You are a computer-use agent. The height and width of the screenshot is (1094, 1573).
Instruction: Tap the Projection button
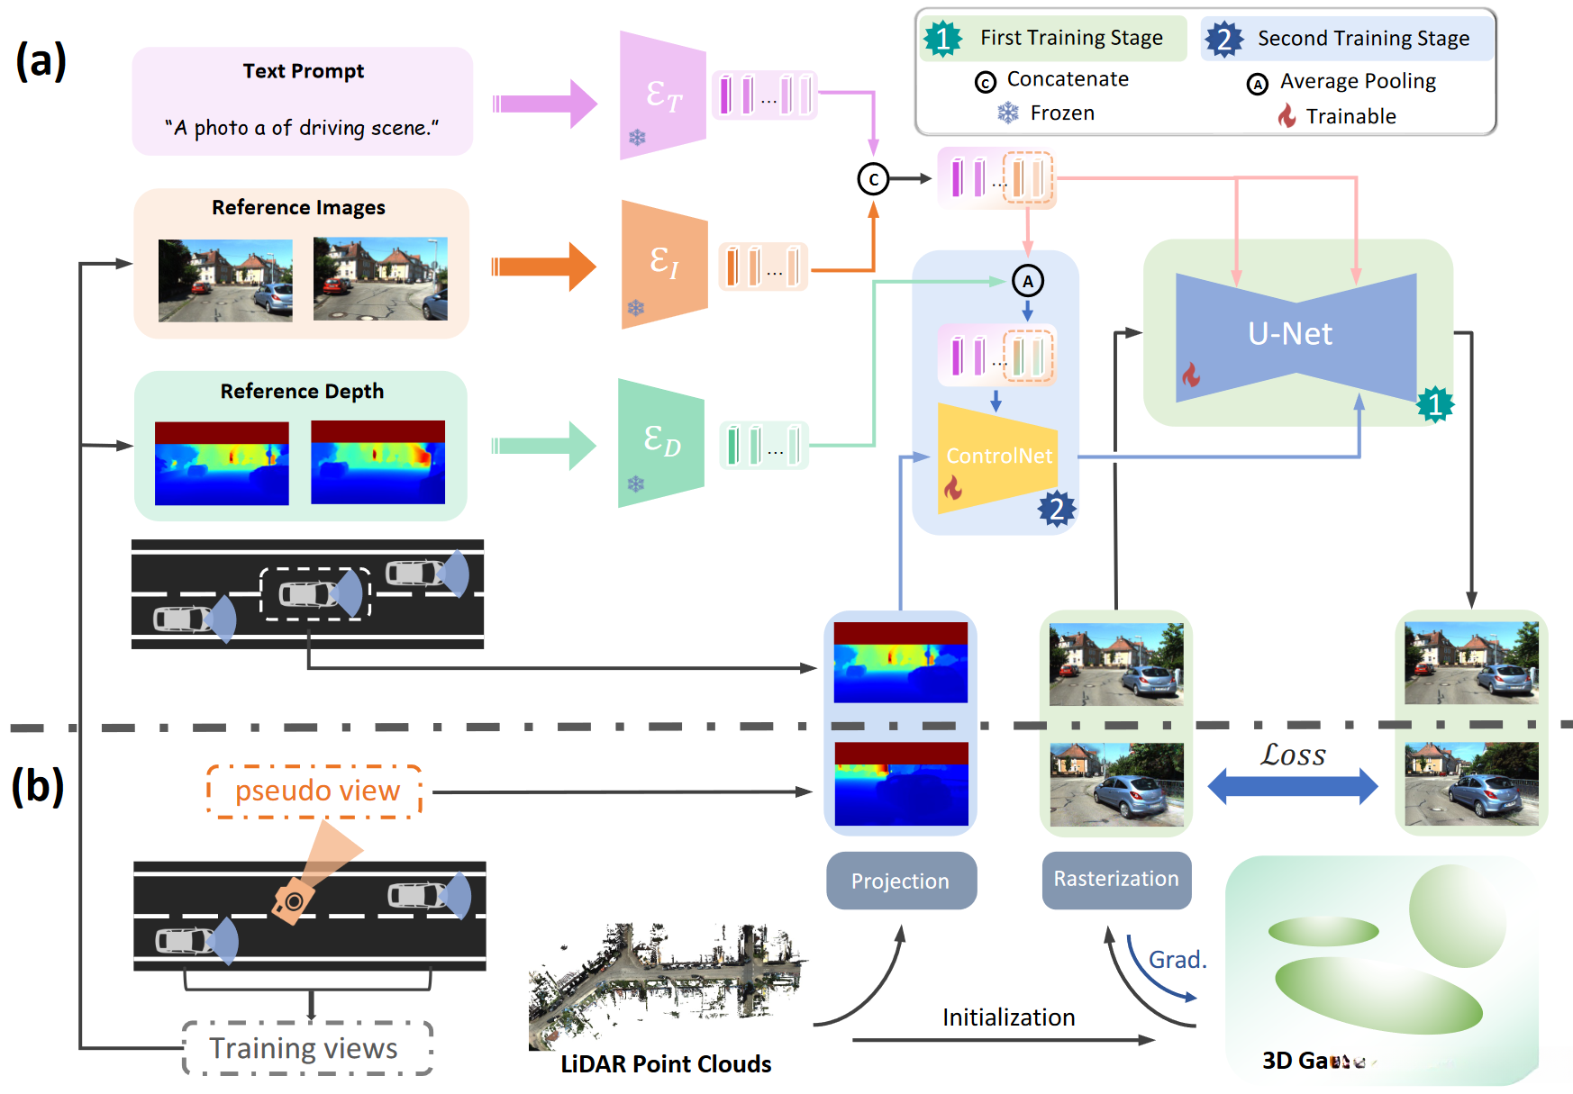click(x=901, y=881)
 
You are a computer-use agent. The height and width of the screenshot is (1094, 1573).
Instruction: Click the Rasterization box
click(x=1116, y=879)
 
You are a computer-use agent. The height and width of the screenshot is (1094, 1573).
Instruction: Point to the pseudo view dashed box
click(x=315, y=791)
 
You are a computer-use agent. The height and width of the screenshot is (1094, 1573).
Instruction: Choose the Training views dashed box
click(x=306, y=1048)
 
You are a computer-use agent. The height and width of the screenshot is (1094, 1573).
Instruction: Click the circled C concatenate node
click(x=873, y=179)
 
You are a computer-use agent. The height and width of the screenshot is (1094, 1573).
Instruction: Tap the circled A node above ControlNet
click(x=1028, y=281)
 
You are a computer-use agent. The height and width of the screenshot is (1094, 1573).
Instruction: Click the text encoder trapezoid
click(x=662, y=95)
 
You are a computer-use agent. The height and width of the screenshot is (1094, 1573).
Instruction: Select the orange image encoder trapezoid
click(x=664, y=265)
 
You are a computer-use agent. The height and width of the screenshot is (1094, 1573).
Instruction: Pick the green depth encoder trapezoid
click(x=661, y=443)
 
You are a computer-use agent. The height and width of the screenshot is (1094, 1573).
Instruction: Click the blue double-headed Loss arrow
click(x=1292, y=786)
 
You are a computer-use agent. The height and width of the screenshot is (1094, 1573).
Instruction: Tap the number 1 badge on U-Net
click(x=1434, y=404)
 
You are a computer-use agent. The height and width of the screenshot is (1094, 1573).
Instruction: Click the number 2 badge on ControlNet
click(x=1057, y=509)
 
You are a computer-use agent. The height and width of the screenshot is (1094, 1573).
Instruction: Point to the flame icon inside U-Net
click(x=1191, y=375)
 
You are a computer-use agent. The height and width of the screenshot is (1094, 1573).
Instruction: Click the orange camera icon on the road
click(x=293, y=900)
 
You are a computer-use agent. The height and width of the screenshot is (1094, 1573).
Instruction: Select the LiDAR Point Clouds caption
click(x=666, y=1064)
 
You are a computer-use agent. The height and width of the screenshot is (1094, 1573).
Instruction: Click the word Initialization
click(x=1008, y=1017)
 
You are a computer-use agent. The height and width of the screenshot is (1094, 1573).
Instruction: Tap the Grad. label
click(x=1177, y=960)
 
